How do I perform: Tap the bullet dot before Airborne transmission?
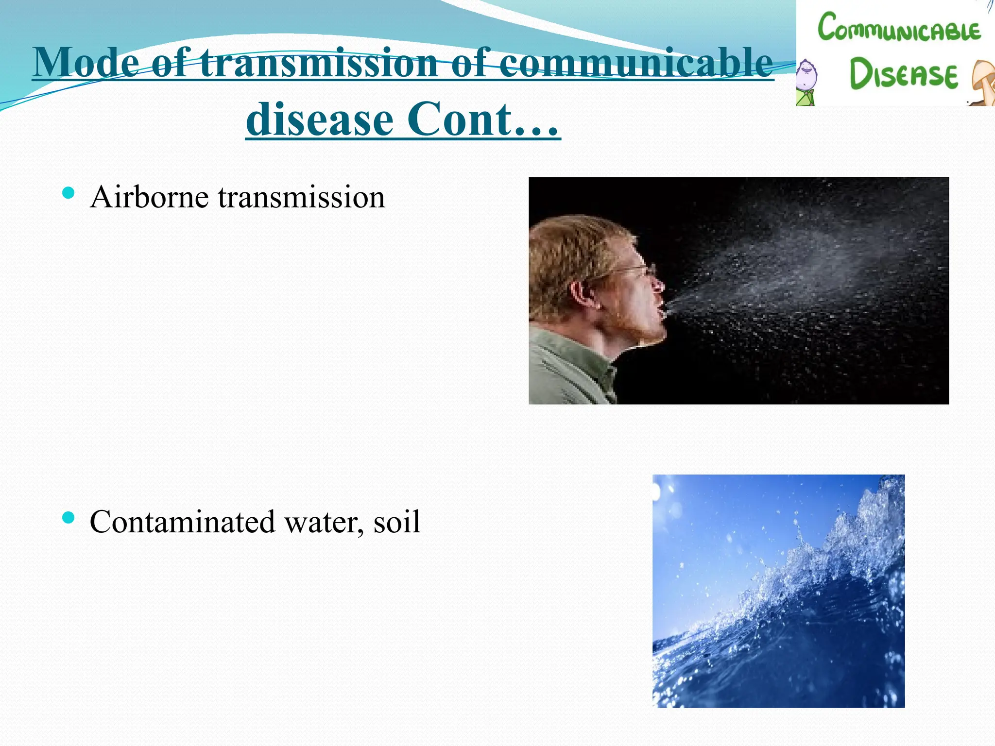pos(69,193)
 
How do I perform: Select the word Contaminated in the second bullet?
pos(182,522)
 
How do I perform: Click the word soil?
pos(396,522)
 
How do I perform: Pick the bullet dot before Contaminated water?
pos(69,518)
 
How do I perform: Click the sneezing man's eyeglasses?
pos(641,270)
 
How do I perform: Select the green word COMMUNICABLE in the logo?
pos(899,28)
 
